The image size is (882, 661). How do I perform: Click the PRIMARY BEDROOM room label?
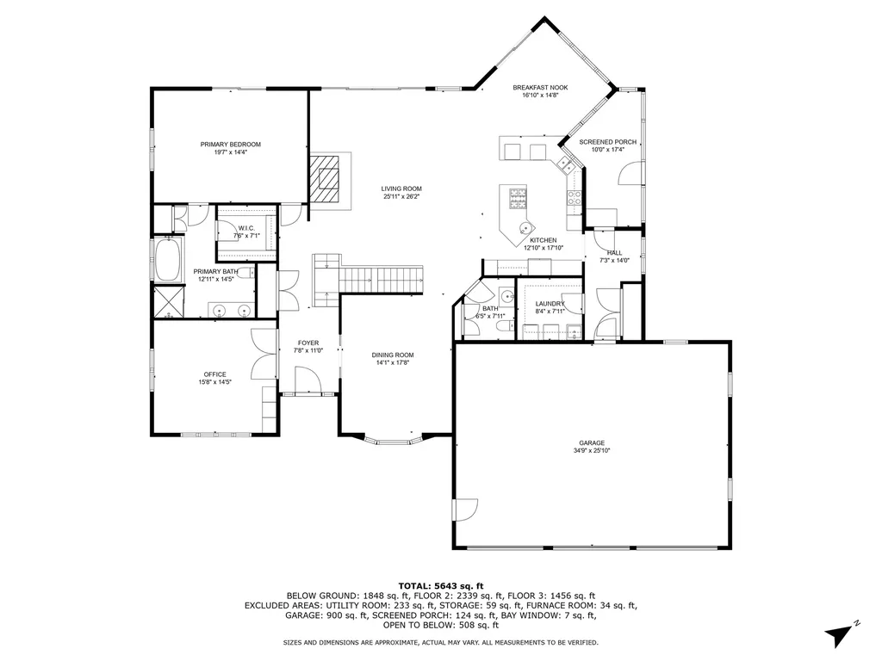point(230,145)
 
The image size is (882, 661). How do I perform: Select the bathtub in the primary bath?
point(167,259)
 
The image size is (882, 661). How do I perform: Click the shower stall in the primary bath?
point(167,301)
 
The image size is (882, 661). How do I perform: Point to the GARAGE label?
point(592,443)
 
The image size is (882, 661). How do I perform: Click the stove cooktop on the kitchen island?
point(518,199)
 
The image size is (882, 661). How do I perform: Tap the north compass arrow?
point(840,635)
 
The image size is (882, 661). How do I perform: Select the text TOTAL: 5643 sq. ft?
point(440,585)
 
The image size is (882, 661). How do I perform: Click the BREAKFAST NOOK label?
point(540,88)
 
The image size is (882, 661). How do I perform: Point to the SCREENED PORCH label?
point(607,142)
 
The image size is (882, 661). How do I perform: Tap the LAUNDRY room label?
point(550,304)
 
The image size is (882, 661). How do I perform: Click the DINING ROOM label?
point(393,355)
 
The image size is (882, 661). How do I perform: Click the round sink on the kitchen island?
point(524,229)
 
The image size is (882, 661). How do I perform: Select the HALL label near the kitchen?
point(614,253)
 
